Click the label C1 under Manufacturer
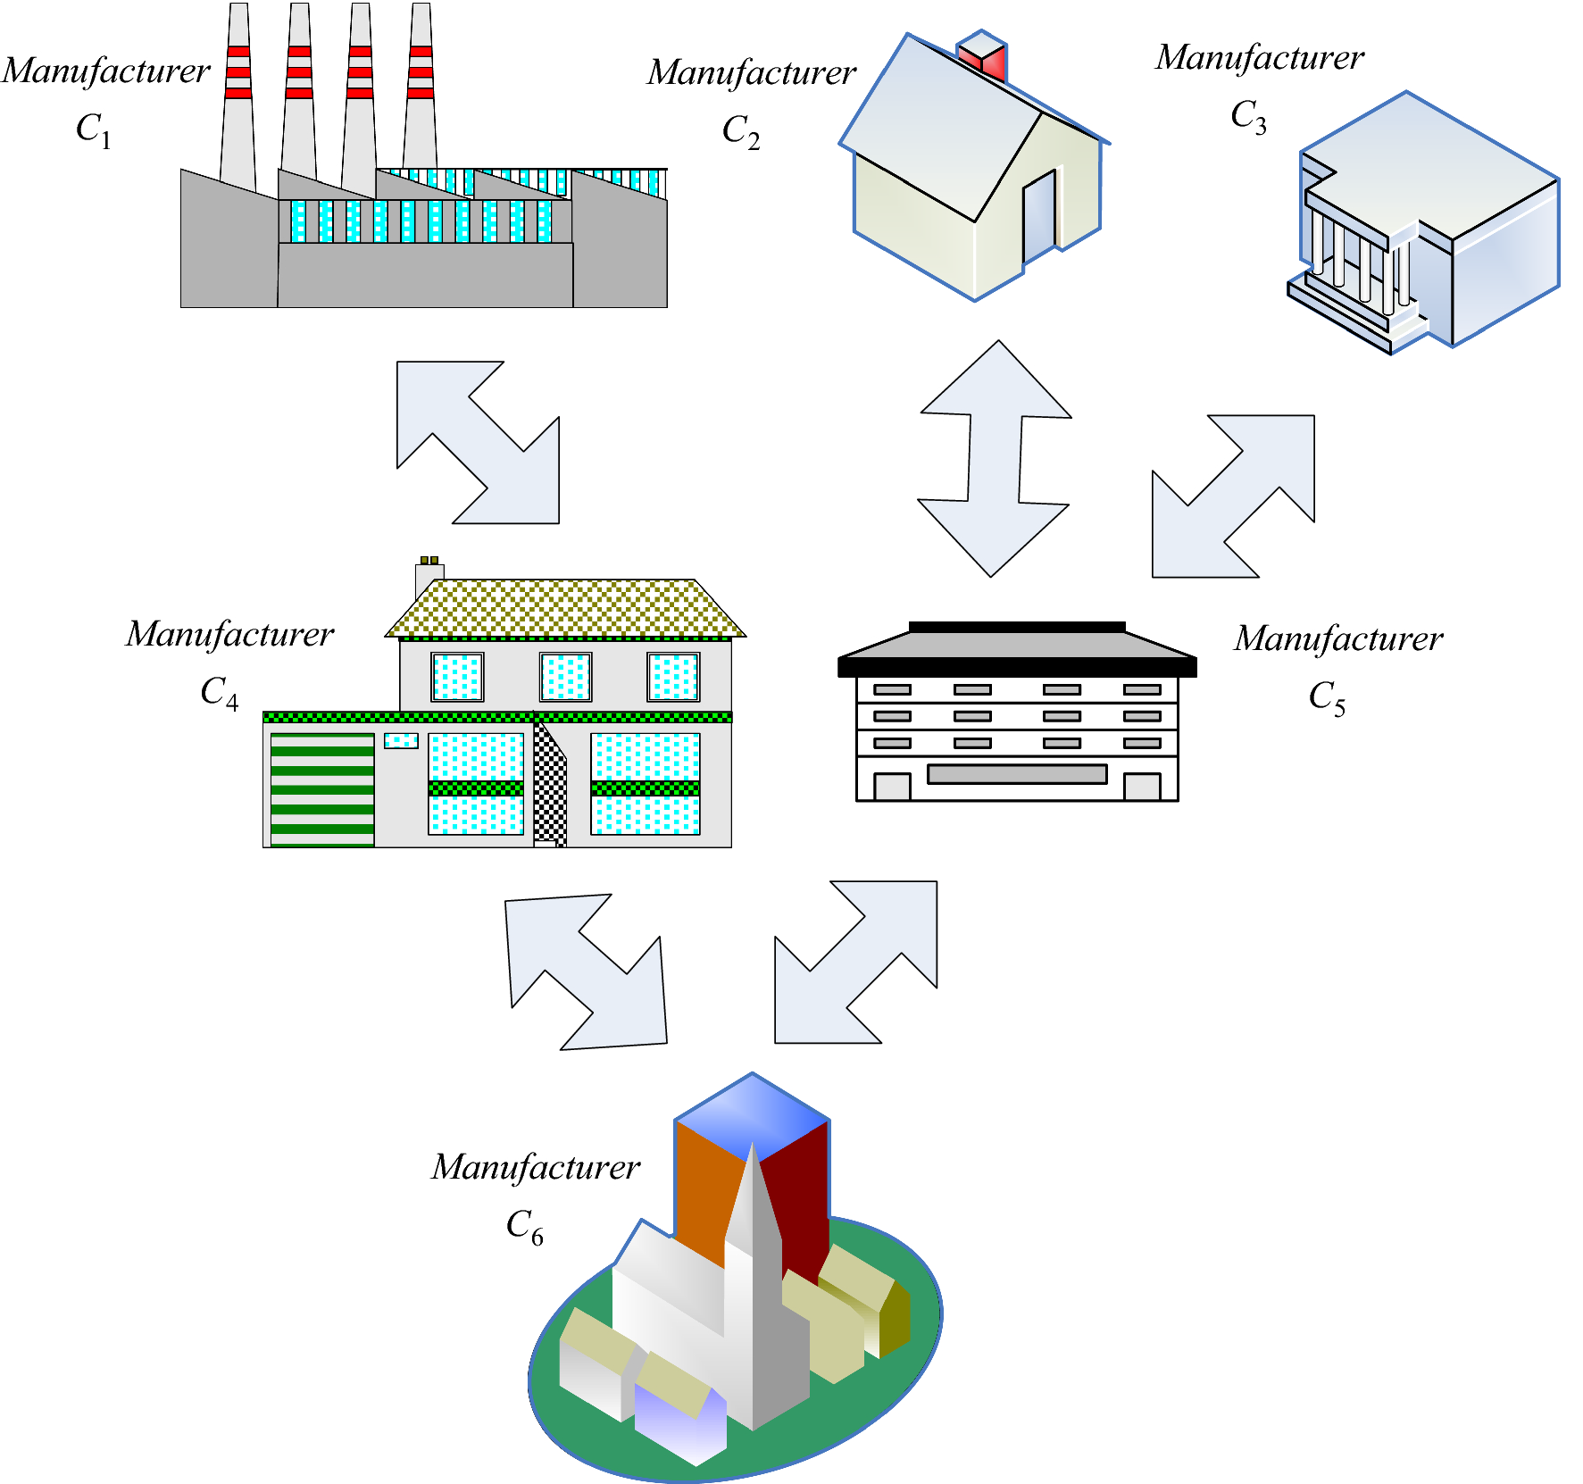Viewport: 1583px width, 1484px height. click(x=94, y=129)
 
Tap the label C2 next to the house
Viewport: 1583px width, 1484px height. click(x=741, y=131)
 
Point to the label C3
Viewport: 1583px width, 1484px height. click(x=1248, y=116)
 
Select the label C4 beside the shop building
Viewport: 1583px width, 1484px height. click(x=219, y=692)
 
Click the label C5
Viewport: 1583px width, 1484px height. click(x=1327, y=696)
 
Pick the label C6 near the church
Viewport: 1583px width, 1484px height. click(x=524, y=1226)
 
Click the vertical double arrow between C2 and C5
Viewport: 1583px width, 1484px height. click(x=995, y=458)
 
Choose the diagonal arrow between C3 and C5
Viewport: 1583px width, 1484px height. click(x=1234, y=496)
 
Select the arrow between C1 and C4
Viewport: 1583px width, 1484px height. click(x=479, y=442)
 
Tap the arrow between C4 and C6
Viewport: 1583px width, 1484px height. click(x=586, y=971)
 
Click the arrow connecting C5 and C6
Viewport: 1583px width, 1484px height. click(x=855, y=962)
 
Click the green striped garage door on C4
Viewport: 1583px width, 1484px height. click(x=322, y=789)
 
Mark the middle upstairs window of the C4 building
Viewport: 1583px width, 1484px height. click(x=565, y=677)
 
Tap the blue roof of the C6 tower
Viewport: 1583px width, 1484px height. click(x=752, y=1113)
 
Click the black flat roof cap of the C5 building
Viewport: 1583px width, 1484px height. click(x=1016, y=627)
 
